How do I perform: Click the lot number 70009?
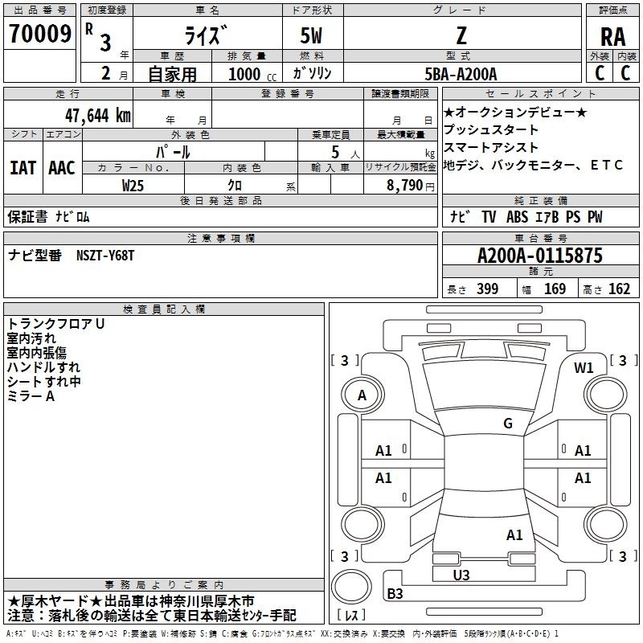[x=40, y=34]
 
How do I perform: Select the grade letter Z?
[x=461, y=35]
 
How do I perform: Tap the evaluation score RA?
[x=612, y=37]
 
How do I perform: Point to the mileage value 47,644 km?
[x=97, y=116]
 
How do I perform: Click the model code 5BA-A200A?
[x=461, y=74]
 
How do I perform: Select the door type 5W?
[x=311, y=35]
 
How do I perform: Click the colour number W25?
[x=133, y=186]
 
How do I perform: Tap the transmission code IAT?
[x=23, y=168]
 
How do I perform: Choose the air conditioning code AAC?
[x=62, y=168]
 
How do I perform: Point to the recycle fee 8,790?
[x=404, y=186]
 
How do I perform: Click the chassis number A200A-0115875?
[x=540, y=256]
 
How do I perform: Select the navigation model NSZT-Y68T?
[x=105, y=256]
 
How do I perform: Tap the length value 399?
[x=487, y=289]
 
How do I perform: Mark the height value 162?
[x=619, y=289]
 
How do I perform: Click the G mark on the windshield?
[x=508, y=423]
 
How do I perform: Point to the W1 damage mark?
[x=584, y=368]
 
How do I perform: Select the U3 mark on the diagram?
[x=461, y=575]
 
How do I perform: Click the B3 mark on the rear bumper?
[x=395, y=593]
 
